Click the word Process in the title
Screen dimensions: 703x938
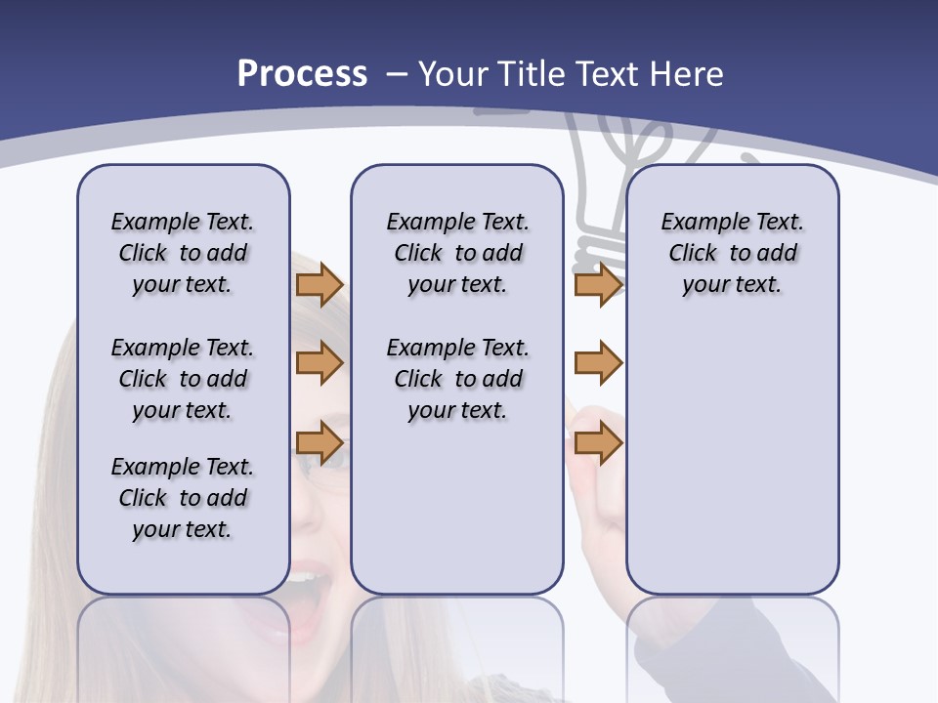pyautogui.click(x=302, y=74)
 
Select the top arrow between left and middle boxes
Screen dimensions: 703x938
pyautogui.click(x=320, y=285)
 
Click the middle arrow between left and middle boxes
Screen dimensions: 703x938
pyautogui.click(x=320, y=364)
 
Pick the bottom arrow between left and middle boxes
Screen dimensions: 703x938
pyautogui.click(x=320, y=443)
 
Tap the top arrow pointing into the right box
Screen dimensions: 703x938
pyautogui.click(x=598, y=285)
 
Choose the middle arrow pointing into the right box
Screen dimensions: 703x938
pyautogui.click(x=598, y=364)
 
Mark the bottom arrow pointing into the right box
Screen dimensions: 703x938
pyautogui.click(x=598, y=443)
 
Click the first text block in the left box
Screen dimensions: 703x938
pyautogui.click(x=183, y=253)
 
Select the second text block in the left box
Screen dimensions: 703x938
pyautogui.click(x=183, y=379)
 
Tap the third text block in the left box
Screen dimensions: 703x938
pyautogui.click(x=183, y=498)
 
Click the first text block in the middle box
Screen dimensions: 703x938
pyautogui.click(x=457, y=253)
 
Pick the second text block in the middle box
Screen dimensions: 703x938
pyautogui.click(x=457, y=379)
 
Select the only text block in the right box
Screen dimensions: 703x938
pyautogui.click(x=732, y=253)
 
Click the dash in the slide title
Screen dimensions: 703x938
pyautogui.click(x=397, y=74)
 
